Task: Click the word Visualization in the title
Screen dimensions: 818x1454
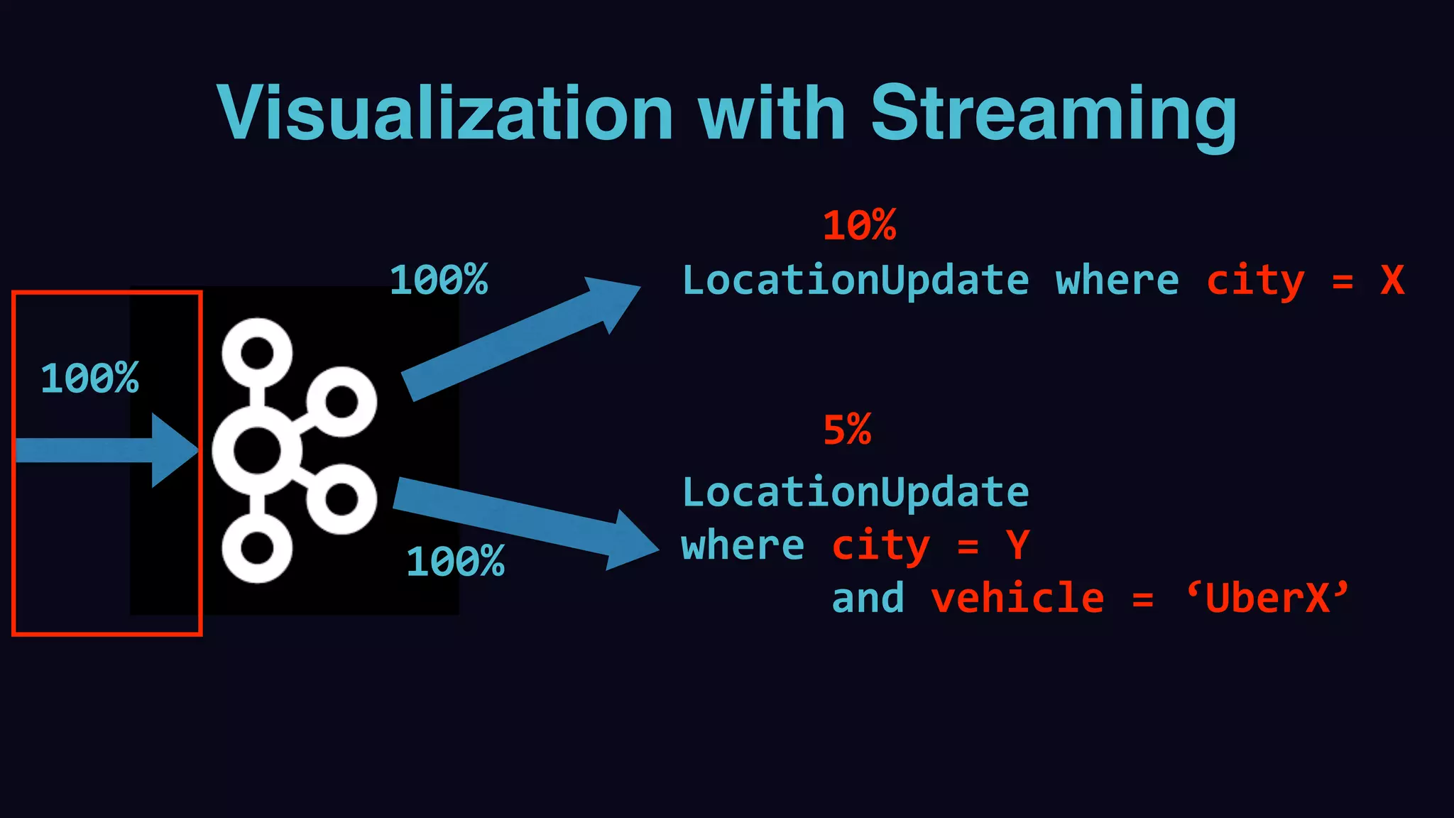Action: click(x=445, y=114)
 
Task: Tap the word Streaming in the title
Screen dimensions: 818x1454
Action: click(x=1054, y=114)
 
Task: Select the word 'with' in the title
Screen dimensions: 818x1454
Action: click(x=772, y=114)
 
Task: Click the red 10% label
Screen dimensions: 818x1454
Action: click(x=859, y=226)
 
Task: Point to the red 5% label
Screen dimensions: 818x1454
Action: click(x=847, y=430)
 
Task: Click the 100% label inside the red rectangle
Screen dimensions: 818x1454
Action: click(x=89, y=378)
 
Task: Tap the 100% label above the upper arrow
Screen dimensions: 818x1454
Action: click(x=439, y=280)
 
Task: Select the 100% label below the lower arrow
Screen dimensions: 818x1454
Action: click(x=455, y=562)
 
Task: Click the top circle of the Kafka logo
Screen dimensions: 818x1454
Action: click(x=257, y=352)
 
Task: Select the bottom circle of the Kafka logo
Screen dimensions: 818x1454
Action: click(x=257, y=549)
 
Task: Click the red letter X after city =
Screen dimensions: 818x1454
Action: click(x=1392, y=280)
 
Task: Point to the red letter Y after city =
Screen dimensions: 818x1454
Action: click(x=1017, y=545)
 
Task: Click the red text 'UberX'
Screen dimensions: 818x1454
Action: click(x=1268, y=598)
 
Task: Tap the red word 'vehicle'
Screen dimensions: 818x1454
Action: click(x=1017, y=598)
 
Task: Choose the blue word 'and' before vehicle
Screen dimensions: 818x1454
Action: click(x=868, y=598)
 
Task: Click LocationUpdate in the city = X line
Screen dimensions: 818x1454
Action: click(x=856, y=280)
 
